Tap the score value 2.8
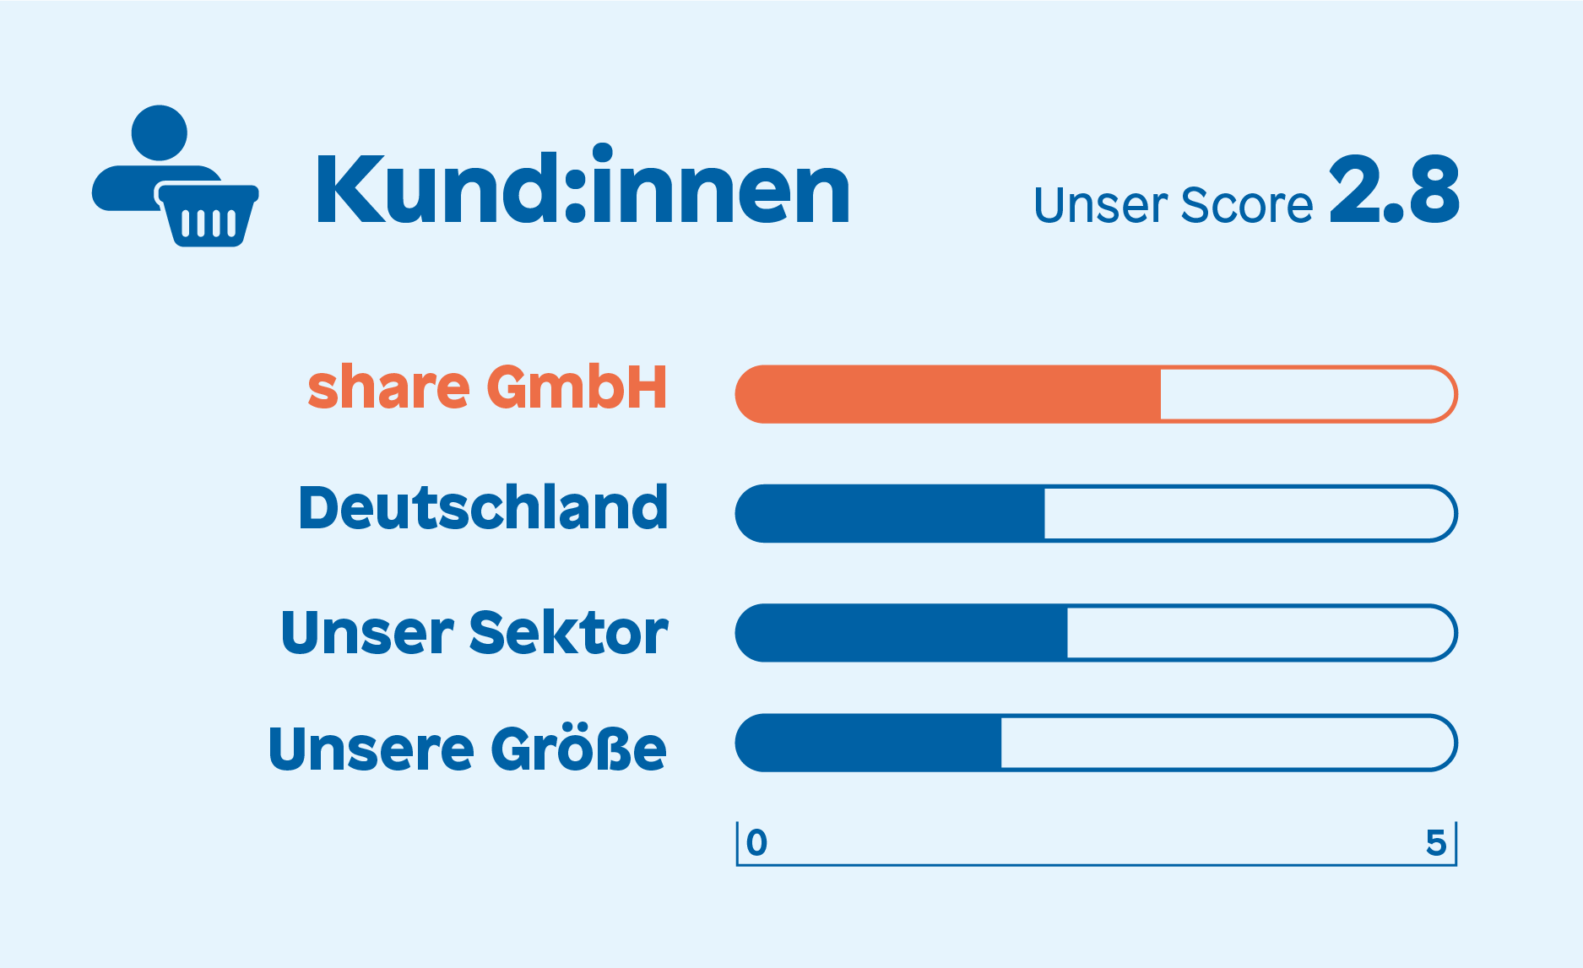pos(1394,191)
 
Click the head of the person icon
pos(160,132)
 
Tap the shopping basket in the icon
pos(208,215)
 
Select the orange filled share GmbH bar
pos(948,394)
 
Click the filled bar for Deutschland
pos(890,513)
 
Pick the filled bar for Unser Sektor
pos(902,633)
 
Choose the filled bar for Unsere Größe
pos(869,744)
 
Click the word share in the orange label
pos(388,388)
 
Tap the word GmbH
pos(577,388)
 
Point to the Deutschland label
pos(483,508)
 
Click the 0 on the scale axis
pos(757,842)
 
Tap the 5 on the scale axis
pos(1436,842)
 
